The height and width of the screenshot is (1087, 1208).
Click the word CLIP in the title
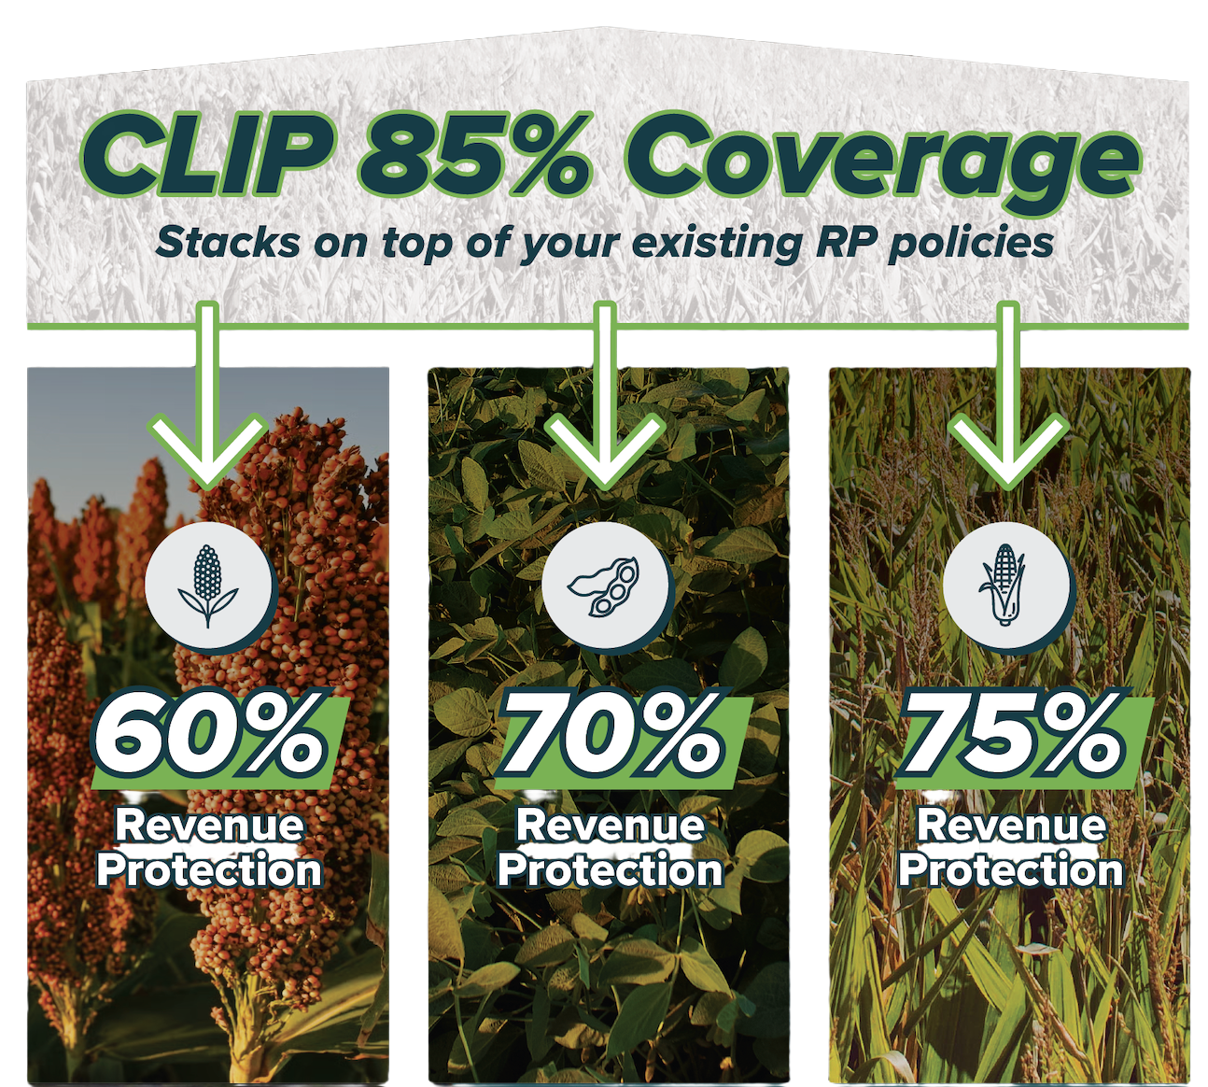(x=209, y=160)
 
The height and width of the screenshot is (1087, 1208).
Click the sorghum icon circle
(x=208, y=586)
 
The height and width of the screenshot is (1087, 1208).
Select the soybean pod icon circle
(x=606, y=586)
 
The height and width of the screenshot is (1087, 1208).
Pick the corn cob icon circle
(x=1006, y=586)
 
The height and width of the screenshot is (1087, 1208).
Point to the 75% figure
(x=1017, y=739)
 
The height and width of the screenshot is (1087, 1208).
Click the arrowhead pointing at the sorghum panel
(x=208, y=451)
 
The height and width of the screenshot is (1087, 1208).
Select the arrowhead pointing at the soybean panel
(x=606, y=451)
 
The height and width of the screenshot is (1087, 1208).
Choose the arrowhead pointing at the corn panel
(x=1006, y=451)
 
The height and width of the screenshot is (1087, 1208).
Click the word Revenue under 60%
(x=210, y=826)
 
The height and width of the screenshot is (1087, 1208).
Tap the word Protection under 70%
(x=611, y=871)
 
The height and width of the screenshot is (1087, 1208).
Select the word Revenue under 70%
(x=611, y=826)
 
